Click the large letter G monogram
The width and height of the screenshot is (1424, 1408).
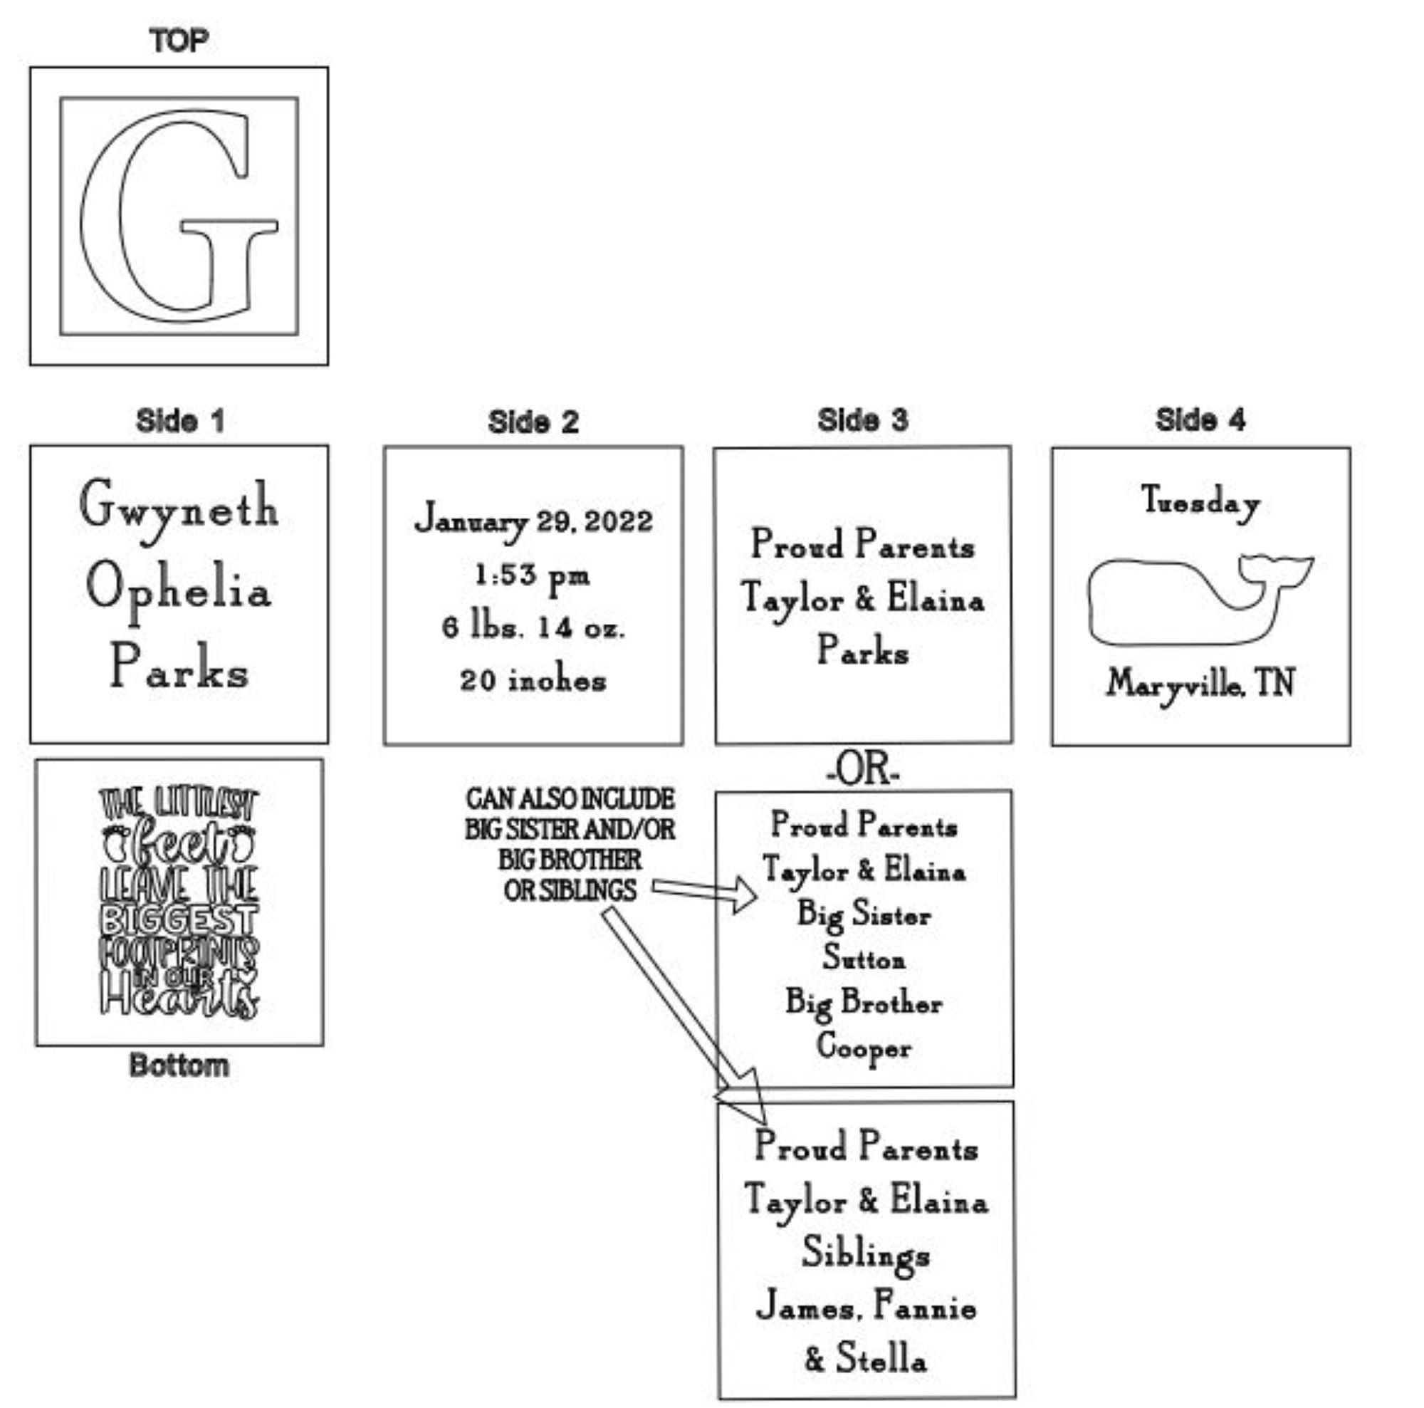coord(177,216)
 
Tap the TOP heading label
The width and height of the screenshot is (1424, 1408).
coord(179,41)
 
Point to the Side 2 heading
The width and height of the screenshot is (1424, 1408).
coord(532,422)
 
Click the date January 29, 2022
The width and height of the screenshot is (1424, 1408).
coord(533,521)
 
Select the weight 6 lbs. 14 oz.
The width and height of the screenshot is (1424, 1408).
coord(533,628)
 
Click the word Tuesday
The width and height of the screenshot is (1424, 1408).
coord(1200,502)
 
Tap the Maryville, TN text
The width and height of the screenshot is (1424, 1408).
coord(1200,684)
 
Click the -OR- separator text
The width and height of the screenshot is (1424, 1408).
coord(862,770)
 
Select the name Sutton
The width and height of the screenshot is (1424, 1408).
coord(864,959)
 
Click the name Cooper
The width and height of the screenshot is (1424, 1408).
coord(864,1047)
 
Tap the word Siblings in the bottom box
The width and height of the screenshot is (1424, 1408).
coord(866,1254)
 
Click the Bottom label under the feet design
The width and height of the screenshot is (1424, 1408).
coord(179,1066)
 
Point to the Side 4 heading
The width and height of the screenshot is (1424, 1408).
coord(1200,420)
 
